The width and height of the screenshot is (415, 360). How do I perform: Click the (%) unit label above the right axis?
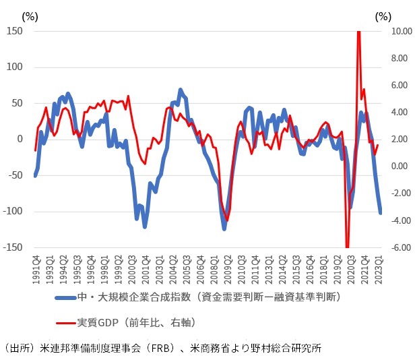point(383,15)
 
